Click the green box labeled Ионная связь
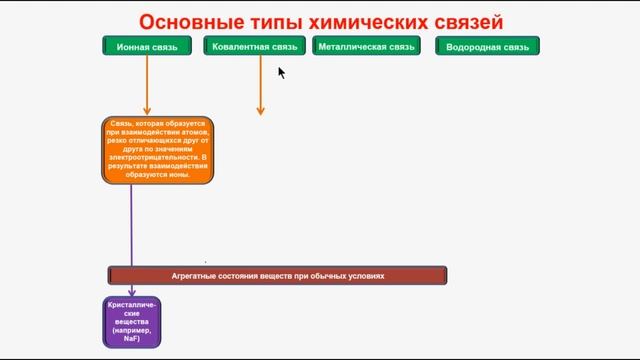147,46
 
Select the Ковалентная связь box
255,46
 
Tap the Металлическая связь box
365,46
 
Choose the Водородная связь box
487,46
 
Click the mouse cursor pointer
281,71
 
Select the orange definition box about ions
158,150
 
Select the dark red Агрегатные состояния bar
277,275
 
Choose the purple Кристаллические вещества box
132,321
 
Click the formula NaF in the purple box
132,340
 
